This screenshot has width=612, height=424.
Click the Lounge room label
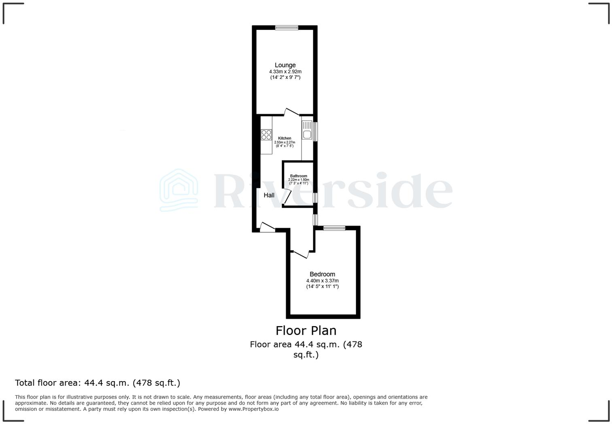(285, 65)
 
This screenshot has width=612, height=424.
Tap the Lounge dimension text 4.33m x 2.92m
(285, 72)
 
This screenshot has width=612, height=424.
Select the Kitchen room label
(285, 138)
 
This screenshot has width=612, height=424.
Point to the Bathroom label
(298, 176)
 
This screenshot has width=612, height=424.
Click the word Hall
(269, 195)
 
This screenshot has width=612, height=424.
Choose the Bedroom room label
(322, 274)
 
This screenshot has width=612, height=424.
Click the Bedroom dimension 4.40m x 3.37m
(322, 281)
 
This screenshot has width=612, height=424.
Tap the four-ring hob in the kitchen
(266, 135)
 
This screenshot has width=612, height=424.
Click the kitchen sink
(307, 134)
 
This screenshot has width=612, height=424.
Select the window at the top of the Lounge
(287, 28)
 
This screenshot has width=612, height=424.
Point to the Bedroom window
(334, 228)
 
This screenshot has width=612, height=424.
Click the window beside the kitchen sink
(316, 131)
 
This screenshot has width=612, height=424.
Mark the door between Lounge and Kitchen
(291, 112)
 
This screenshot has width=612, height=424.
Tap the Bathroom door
(287, 197)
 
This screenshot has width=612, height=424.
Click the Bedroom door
(301, 254)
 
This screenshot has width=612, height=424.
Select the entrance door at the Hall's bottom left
(267, 227)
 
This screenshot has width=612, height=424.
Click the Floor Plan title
(306, 331)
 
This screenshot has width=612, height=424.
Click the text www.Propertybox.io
(253, 409)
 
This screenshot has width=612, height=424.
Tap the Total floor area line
(98, 383)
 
